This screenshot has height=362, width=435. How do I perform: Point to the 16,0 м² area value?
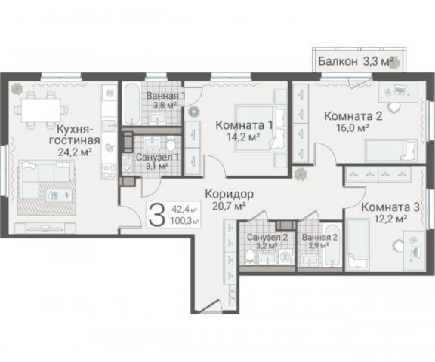coord(353,129)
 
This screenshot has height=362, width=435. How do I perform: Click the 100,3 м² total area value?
coord(184,221)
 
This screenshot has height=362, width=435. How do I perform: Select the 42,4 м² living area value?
coord(184,210)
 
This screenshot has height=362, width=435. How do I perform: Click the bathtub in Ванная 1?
coord(132,105)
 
